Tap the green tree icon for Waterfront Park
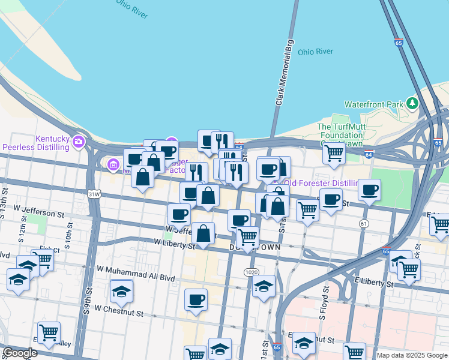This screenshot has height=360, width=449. point(412,103)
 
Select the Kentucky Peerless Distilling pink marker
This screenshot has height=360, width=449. point(78,142)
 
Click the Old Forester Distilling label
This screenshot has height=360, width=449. point(323,183)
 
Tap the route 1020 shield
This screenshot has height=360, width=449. point(252,272)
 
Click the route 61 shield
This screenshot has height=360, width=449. point(364,223)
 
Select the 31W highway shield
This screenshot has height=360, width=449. point(93,194)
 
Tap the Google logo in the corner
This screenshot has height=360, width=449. point(20,353)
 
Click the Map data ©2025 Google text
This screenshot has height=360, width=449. point(411,355)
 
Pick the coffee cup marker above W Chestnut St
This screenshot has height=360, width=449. point(195,299)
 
